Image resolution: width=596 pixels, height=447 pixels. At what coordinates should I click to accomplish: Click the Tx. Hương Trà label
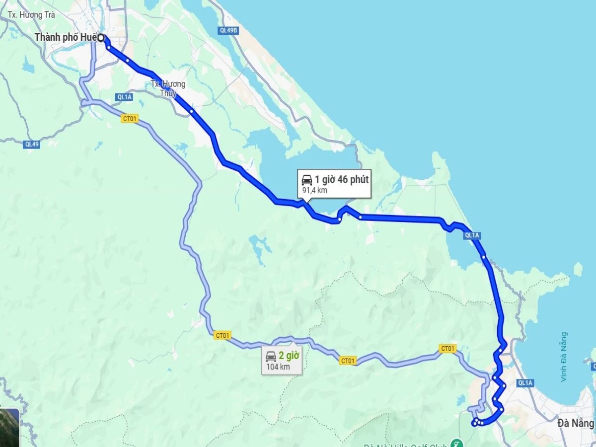pos(31,15)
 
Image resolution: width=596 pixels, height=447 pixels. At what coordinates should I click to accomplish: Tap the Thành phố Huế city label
pos(66,37)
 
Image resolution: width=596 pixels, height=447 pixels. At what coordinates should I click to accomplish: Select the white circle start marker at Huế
pos(101,37)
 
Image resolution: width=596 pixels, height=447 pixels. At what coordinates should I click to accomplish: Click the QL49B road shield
pos(228,30)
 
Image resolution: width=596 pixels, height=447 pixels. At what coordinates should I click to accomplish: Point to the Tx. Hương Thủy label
pos(168,88)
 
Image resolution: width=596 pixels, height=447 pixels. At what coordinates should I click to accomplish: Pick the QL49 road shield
pos(31,144)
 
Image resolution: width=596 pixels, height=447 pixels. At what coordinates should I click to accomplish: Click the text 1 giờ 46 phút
pos(341,180)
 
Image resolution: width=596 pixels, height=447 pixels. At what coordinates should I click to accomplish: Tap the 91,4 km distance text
pos(315,191)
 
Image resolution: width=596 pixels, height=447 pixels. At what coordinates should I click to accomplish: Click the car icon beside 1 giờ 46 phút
pos(306,180)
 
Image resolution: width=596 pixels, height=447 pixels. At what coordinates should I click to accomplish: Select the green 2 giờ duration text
pos(289,356)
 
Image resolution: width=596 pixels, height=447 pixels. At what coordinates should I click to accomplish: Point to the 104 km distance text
pos(278,367)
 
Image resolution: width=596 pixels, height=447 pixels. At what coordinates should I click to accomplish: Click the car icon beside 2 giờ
pos(271,356)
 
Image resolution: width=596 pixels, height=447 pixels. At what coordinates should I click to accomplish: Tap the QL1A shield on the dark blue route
pos(472,235)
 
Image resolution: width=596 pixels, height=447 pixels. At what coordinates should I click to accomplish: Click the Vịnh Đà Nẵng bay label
pos(564,357)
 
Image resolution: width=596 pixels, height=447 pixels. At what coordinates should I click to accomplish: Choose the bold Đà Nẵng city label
pos(575,423)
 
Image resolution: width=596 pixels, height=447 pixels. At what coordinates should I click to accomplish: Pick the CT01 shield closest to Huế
pos(130,119)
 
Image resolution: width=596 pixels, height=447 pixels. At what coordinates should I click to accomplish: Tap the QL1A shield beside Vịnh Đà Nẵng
pos(525,382)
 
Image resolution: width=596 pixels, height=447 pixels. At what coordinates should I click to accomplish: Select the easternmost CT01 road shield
pos(447,349)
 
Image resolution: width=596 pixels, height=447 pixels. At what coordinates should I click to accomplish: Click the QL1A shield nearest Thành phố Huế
pos(124,97)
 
